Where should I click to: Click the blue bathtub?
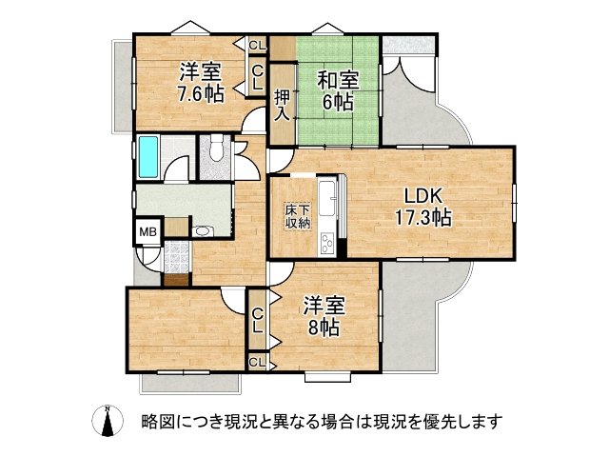(x=147, y=157)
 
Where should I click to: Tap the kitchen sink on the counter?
(x=326, y=194)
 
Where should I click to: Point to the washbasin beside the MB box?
(x=203, y=230)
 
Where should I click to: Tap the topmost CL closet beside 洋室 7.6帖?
(x=257, y=45)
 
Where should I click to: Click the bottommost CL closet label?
(x=257, y=362)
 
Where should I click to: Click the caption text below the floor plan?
(x=321, y=420)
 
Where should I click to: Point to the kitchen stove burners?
(x=326, y=242)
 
